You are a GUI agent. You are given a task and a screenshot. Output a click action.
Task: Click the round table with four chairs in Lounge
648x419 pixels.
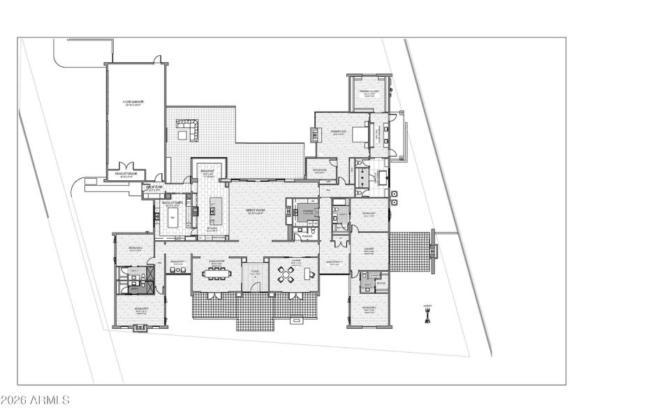coord(286,275)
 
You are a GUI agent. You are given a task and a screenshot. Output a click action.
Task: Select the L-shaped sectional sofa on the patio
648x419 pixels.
coord(187,129)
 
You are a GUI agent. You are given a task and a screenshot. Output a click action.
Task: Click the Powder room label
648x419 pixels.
coord(307,236)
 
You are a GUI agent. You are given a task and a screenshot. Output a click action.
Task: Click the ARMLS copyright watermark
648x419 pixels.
coord(35,400)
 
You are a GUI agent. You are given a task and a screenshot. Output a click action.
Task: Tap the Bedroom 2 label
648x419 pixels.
coord(369,308)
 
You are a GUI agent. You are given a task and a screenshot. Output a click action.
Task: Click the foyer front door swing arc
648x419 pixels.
coord(256,285)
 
